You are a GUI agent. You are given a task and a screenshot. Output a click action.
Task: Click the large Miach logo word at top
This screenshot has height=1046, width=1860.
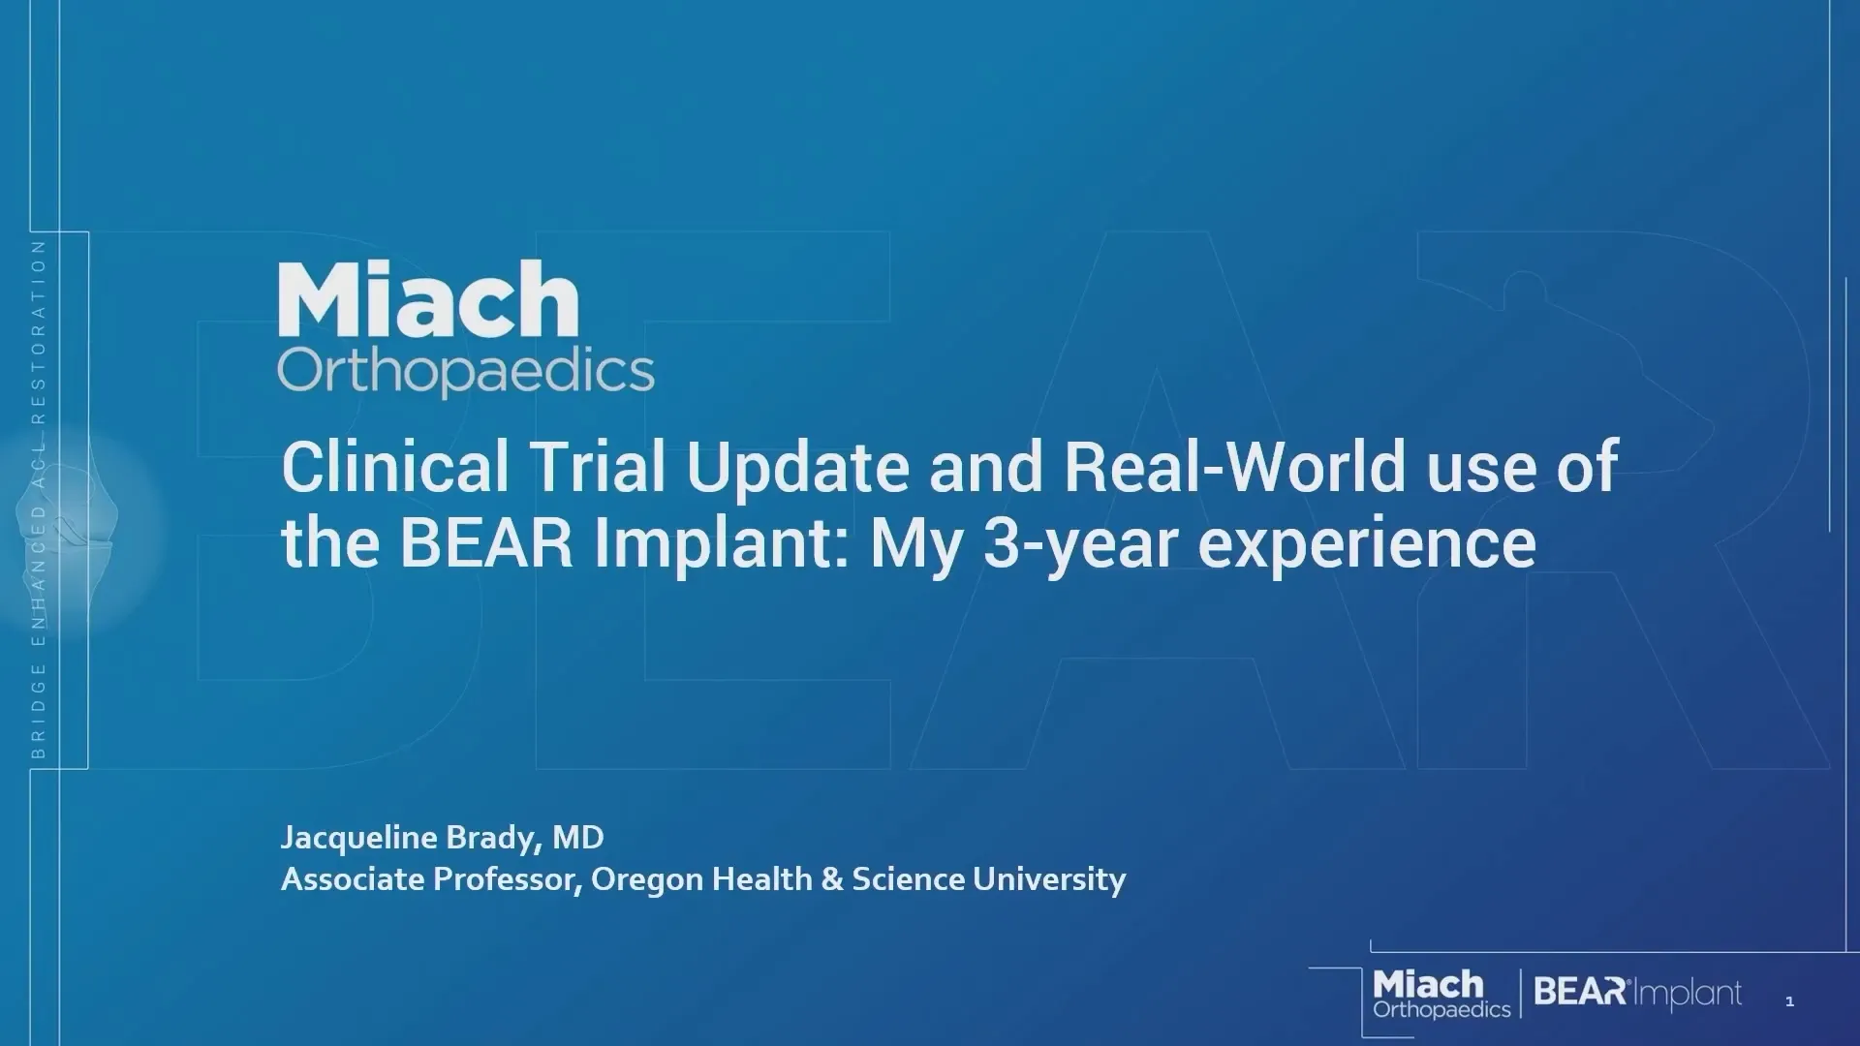428,299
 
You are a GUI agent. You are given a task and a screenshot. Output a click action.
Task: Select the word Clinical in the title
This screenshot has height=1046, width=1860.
395,467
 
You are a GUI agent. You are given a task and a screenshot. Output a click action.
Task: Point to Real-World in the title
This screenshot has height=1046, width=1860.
1234,467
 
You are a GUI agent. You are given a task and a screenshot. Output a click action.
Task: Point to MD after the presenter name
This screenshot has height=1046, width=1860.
578,837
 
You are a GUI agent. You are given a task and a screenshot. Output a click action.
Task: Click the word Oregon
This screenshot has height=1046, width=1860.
647,880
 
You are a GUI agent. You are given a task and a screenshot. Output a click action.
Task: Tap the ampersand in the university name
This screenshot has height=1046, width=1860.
832,879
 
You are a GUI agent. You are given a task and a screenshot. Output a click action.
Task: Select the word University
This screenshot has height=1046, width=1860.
1049,880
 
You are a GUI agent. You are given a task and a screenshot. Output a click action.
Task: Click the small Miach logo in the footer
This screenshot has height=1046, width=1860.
1441,994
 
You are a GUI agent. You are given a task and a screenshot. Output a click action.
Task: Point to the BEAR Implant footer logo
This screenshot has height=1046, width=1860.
1638,993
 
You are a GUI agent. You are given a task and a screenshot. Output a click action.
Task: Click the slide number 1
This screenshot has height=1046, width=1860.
1789,1001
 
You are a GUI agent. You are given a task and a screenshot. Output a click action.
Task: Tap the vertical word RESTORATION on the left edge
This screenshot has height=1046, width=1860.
39,331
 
